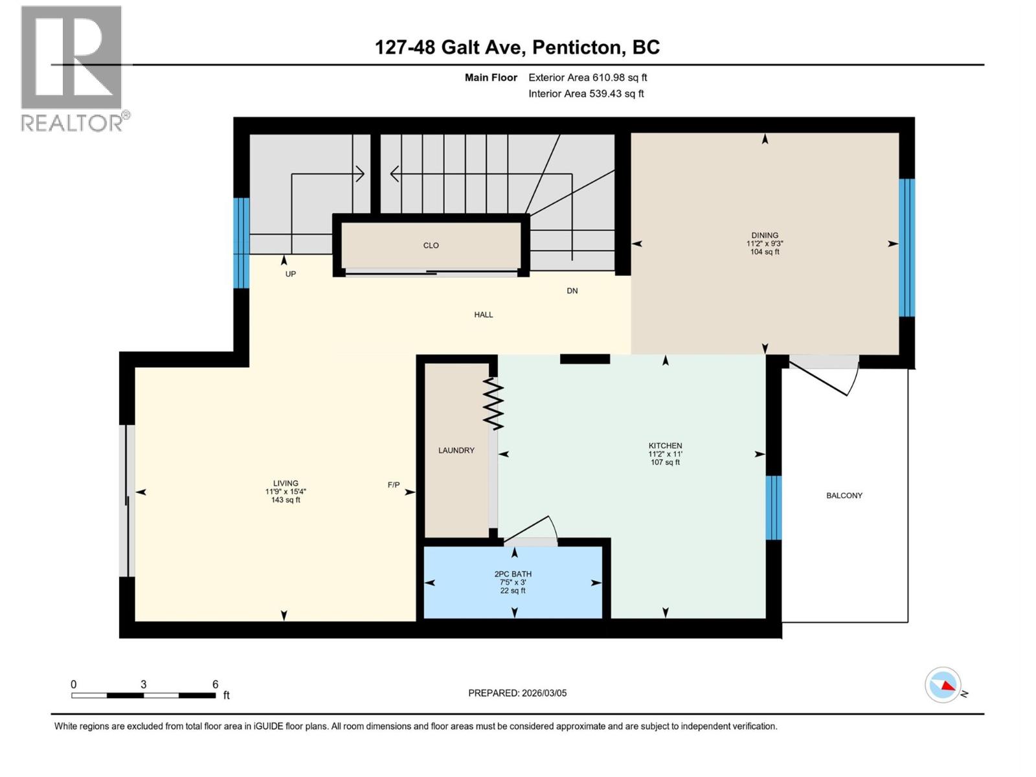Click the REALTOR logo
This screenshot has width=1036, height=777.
click(x=71, y=68)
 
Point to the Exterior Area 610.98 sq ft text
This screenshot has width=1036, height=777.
click(x=587, y=78)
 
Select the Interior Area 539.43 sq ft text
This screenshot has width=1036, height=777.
click(x=586, y=94)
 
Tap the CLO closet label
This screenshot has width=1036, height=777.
click(x=431, y=245)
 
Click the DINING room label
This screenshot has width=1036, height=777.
click(x=765, y=236)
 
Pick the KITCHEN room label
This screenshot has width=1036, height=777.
click(x=665, y=445)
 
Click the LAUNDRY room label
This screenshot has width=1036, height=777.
click(x=456, y=451)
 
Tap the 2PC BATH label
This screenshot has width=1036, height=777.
click(x=513, y=574)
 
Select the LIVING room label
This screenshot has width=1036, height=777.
click(x=286, y=483)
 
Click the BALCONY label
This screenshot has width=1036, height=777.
click(x=844, y=496)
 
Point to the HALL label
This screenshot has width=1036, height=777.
click(x=483, y=315)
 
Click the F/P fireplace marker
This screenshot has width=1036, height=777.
click(x=394, y=485)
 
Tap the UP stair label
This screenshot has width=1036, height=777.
click(x=291, y=274)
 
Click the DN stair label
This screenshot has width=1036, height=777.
click(x=572, y=291)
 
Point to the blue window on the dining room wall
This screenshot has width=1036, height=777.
click(x=906, y=247)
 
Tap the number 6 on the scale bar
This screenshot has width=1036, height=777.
click(x=216, y=684)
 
